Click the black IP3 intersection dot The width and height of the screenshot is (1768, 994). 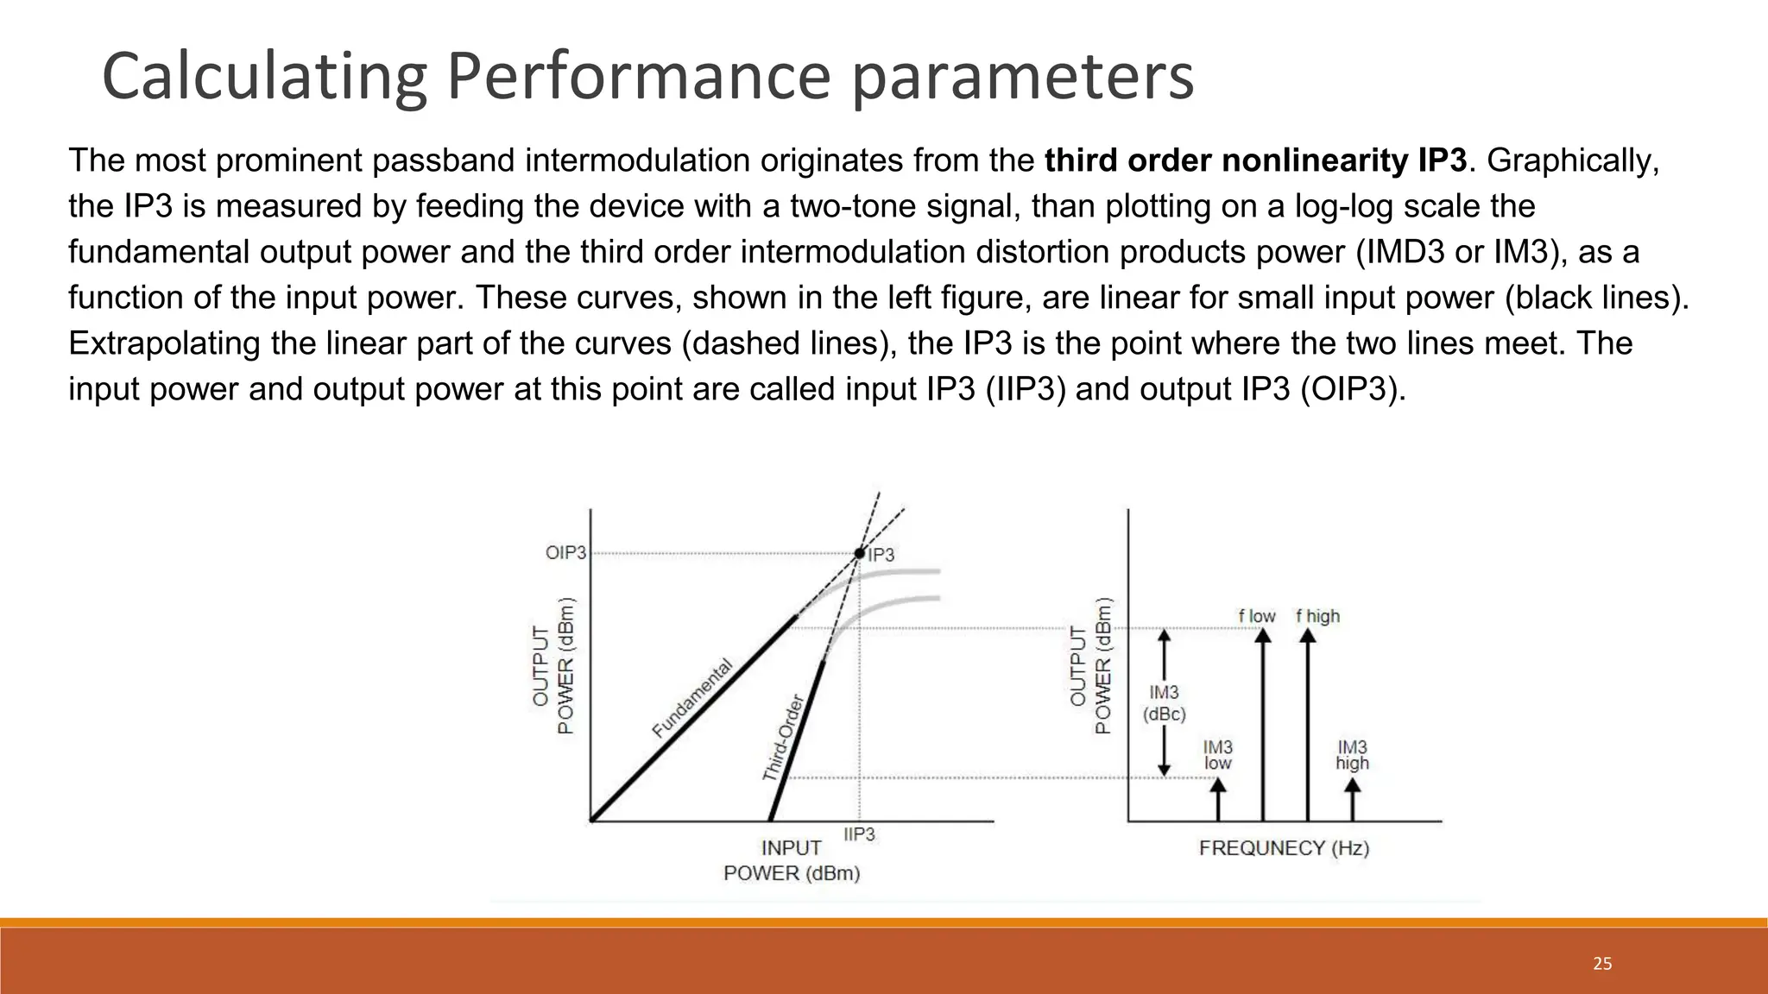[859, 553]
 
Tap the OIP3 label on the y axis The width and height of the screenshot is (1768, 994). [565, 552]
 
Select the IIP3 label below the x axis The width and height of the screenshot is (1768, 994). [859, 834]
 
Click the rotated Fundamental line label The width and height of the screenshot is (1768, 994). [692, 698]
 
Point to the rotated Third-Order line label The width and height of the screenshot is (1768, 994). [783, 738]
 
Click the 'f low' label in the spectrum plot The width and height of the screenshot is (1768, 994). [1257, 616]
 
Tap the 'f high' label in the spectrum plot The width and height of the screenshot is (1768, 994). [1317, 616]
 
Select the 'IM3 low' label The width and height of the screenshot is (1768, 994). [1218, 755]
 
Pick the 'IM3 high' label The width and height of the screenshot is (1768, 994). [1352, 755]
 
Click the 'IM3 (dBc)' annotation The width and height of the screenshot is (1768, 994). [1165, 703]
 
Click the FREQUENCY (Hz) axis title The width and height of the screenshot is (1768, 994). [1284, 848]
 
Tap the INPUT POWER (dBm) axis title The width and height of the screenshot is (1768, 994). [792, 860]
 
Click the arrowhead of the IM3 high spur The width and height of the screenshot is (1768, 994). [1353, 786]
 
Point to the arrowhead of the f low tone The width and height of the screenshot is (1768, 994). [1263, 636]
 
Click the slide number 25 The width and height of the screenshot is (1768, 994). [1602, 964]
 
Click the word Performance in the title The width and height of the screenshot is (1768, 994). [638, 78]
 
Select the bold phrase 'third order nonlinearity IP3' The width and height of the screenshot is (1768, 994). [1255, 160]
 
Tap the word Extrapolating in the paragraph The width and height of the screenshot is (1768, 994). [164, 343]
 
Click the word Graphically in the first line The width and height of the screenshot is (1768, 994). [1573, 160]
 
